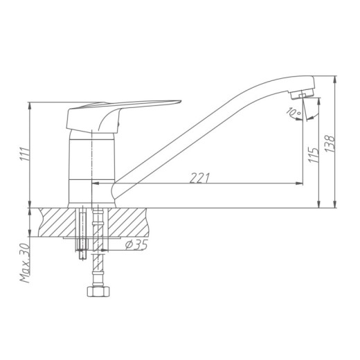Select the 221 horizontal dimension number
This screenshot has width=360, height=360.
[199, 178]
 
